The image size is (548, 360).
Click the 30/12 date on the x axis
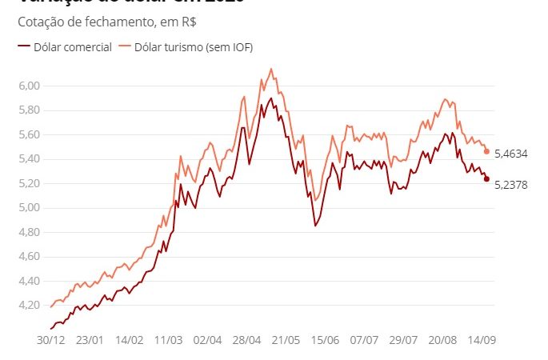pyautogui.click(x=51, y=340)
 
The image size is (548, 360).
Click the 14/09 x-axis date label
pyautogui.click(x=482, y=340)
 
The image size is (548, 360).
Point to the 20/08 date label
pyautogui.click(x=442, y=340)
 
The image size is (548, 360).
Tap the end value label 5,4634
pyautogui.click(x=512, y=153)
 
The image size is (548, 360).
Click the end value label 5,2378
pyautogui.click(x=512, y=184)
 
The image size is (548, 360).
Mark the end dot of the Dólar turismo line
pyautogui.click(x=486, y=151)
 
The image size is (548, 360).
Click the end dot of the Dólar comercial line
pyautogui.click(x=486, y=178)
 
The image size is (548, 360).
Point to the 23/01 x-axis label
pyautogui.click(x=90, y=340)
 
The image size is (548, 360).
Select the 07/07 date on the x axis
pyautogui.click(x=365, y=340)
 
